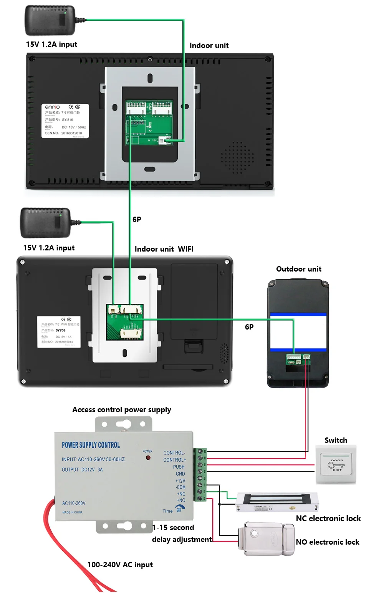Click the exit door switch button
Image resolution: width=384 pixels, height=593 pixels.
click(x=336, y=465)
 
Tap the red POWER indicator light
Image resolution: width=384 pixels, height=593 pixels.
click(x=148, y=458)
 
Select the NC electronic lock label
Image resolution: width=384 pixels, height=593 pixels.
click(x=328, y=518)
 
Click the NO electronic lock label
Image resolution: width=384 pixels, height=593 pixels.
click(x=328, y=542)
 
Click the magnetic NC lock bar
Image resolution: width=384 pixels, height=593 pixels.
click(x=276, y=502)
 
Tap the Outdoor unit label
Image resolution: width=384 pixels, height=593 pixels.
click(x=299, y=269)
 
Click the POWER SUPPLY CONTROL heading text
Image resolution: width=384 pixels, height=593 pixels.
click(x=91, y=445)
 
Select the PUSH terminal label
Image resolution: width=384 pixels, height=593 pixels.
click(x=179, y=467)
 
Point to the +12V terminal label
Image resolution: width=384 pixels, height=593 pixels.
click(x=180, y=481)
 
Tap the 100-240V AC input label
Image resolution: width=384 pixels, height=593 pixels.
click(x=120, y=565)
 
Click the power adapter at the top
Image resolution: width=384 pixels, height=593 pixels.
click(x=50, y=20)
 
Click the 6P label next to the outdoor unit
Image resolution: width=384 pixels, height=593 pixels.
click(x=249, y=327)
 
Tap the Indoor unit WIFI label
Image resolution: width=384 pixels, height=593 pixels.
click(x=164, y=249)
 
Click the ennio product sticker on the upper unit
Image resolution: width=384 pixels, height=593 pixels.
click(x=65, y=121)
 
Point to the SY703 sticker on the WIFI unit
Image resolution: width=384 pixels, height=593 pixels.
click(x=59, y=332)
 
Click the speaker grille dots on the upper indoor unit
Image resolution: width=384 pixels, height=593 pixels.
click(x=237, y=157)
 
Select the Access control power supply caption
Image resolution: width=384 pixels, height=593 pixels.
click(x=122, y=409)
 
